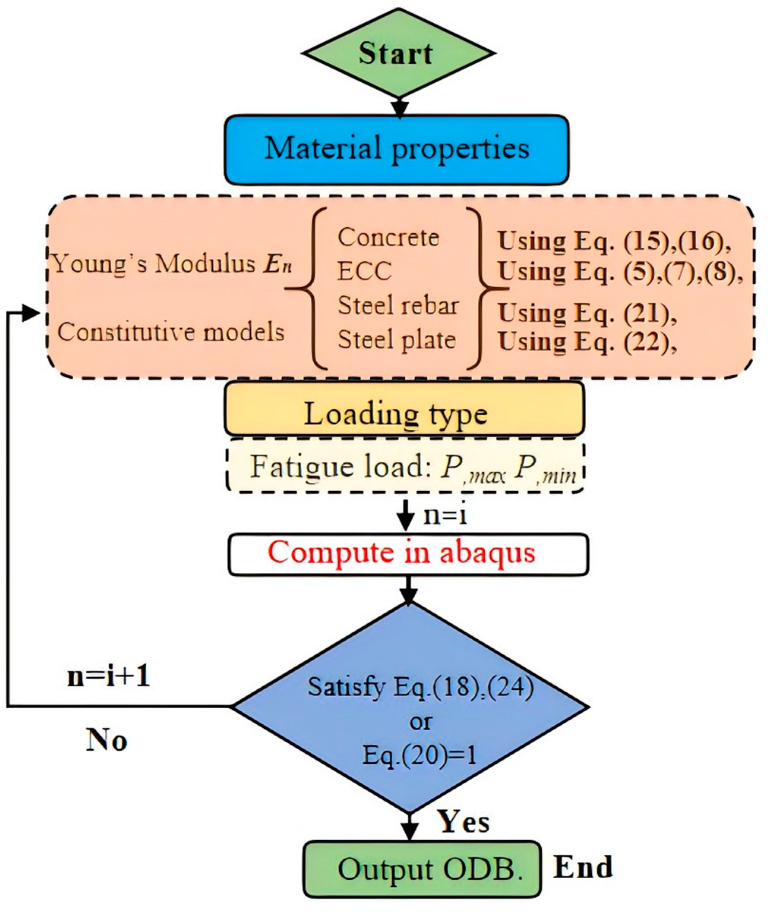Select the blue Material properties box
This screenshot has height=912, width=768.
[396, 149]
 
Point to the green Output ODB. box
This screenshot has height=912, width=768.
[422, 870]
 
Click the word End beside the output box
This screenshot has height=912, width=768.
[583, 867]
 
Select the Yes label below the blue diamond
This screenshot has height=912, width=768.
[464, 822]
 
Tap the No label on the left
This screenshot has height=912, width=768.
[106, 739]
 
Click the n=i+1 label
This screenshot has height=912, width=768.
[109, 676]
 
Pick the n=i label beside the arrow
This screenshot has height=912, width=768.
[445, 516]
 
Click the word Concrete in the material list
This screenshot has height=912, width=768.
[388, 238]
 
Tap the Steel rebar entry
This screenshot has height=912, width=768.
[398, 305]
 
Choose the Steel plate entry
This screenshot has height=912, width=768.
[396, 340]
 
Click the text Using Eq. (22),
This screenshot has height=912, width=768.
[587, 342]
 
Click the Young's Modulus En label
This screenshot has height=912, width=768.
[172, 264]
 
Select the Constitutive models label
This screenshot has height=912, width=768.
[171, 332]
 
